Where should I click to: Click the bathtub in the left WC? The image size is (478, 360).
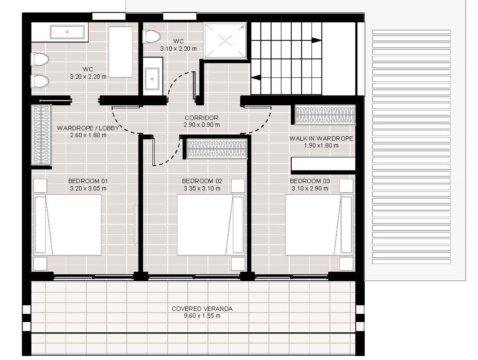click(x=67, y=32)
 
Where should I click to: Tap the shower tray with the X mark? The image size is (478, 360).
click(x=225, y=40)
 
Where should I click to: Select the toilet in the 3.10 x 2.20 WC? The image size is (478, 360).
click(x=152, y=37)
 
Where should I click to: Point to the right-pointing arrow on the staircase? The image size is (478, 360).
click(x=316, y=40)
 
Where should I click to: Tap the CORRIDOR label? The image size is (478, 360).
click(x=201, y=118)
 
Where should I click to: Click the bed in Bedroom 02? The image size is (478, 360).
click(x=211, y=224)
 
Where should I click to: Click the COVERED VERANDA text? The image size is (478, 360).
click(x=202, y=308)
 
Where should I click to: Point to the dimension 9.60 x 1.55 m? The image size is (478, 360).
click(x=202, y=315)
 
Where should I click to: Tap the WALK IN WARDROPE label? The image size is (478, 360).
click(x=321, y=138)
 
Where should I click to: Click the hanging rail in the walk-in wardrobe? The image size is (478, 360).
click(x=325, y=115)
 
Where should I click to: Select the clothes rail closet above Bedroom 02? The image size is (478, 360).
click(x=217, y=149)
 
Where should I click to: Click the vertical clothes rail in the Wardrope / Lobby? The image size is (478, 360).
click(x=41, y=135)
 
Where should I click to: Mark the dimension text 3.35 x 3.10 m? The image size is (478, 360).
click(x=202, y=188)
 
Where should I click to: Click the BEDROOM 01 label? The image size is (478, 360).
click(x=88, y=181)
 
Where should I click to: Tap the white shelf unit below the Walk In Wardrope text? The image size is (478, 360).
click(x=323, y=164)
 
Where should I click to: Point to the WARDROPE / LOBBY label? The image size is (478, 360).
click(x=88, y=128)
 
